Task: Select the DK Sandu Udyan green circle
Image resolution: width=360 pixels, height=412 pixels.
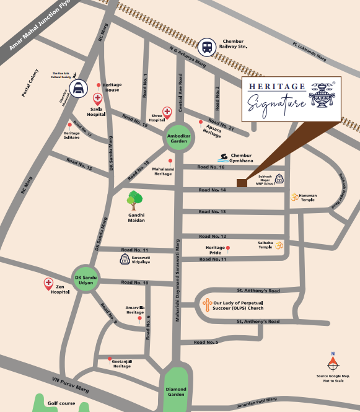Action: (x=85, y=280)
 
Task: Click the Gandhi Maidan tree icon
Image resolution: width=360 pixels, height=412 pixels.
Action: (x=133, y=200)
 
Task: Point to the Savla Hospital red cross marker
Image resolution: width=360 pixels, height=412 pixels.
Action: (x=97, y=99)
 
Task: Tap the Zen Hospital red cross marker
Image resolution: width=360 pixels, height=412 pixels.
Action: (x=48, y=284)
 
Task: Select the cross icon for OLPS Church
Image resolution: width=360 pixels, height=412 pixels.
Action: (x=206, y=305)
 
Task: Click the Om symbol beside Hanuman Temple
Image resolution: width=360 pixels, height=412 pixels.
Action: (x=295, y=197)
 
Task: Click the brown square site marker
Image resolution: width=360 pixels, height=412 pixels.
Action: (x=241, y=182)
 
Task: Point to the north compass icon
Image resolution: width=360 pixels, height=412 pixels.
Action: (x=333, y=362)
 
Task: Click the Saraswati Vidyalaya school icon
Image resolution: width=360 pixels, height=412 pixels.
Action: (x=126, y=258)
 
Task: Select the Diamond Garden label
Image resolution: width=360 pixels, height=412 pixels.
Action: (x=177, y=391)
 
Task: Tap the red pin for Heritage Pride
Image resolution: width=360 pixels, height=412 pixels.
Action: (x=228, y=248)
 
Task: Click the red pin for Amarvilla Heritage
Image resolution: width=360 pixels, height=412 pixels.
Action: (x=139, y=318)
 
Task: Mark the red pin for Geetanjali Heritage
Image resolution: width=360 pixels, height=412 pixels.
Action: (x=110, y=359)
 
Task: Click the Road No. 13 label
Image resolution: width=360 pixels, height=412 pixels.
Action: (x=212, y=212)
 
